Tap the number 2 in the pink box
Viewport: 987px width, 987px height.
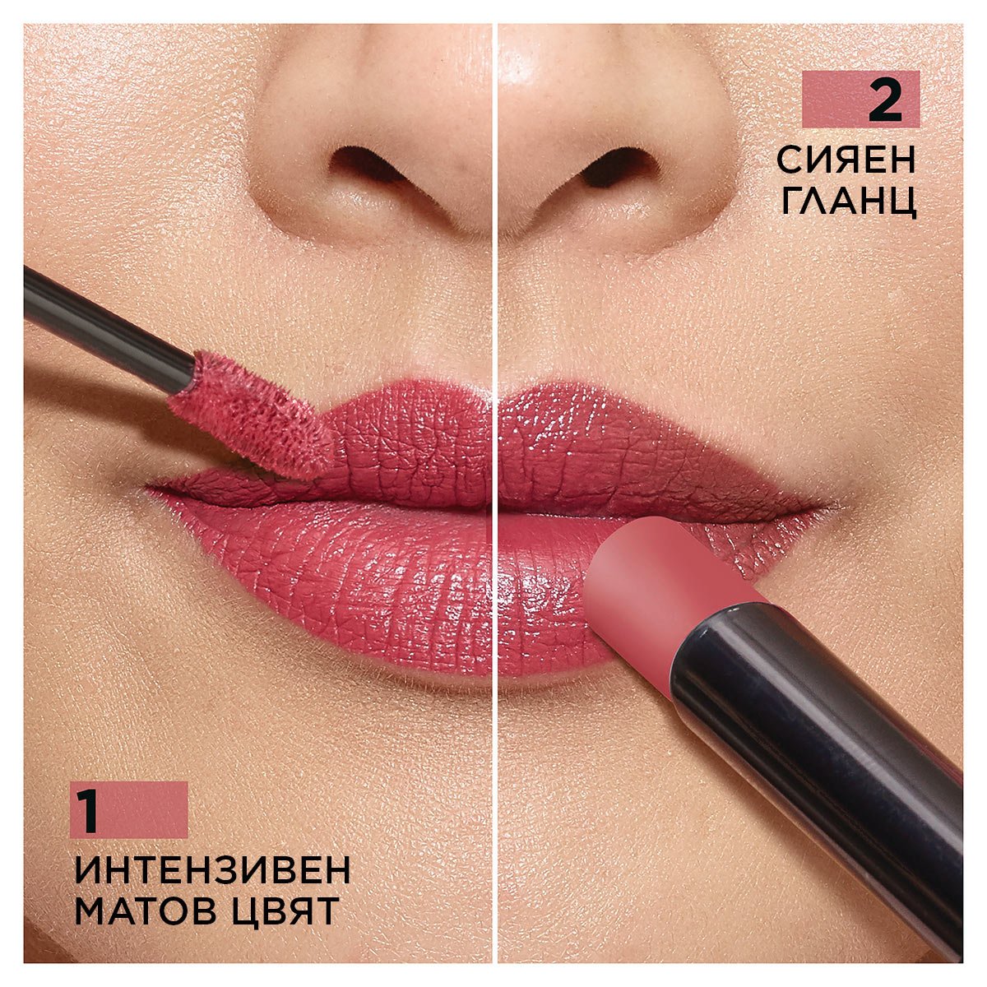885,100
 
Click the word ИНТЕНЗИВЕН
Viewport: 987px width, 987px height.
212,870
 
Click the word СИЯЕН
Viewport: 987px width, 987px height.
846,160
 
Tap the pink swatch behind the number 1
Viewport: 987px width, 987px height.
148,810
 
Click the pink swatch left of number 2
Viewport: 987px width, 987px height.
831,100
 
